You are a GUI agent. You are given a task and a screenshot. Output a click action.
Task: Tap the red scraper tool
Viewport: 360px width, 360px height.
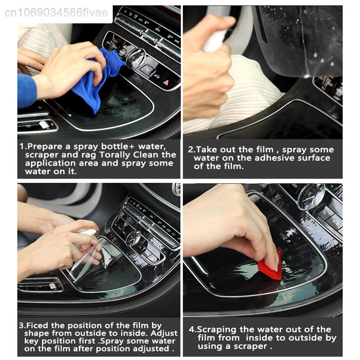pos(270,265)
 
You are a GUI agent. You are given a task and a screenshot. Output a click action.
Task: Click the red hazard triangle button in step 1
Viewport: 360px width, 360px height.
pos(166,82)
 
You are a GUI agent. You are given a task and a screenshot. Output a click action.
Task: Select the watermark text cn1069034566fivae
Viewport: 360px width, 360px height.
pos(56,13)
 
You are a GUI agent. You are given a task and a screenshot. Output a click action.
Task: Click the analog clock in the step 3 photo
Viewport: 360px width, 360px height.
pos(134,238)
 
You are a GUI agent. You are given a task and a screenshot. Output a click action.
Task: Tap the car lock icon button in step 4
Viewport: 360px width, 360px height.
pos(335,221)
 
